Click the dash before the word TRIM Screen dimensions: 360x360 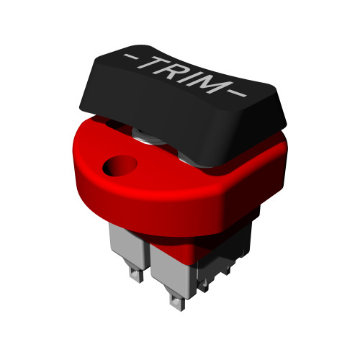point(131,55)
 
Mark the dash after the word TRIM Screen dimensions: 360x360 point(238,94)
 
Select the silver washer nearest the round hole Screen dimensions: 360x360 point(148,135)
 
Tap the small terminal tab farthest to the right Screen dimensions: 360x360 point(225,268)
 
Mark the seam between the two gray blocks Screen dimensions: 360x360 point(149,256)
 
